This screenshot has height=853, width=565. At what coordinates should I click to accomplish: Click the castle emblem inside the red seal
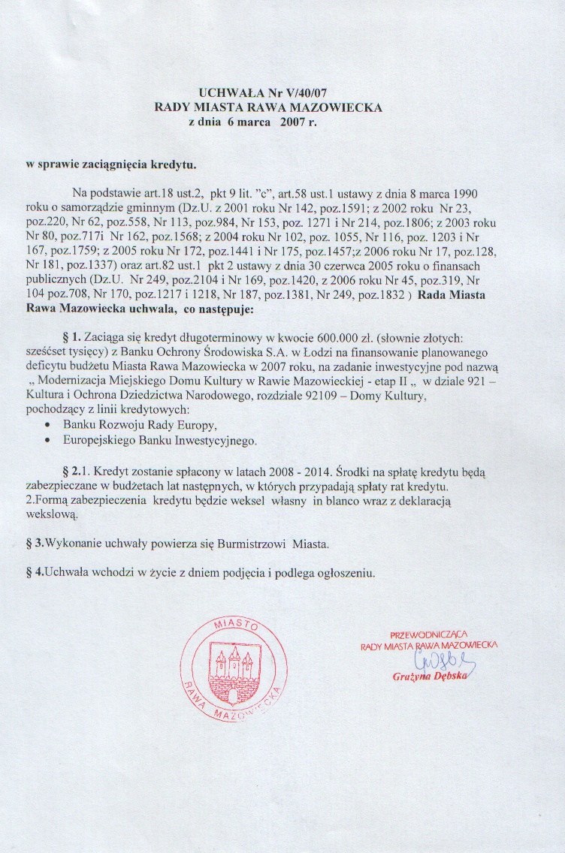[x=231, y=663]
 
